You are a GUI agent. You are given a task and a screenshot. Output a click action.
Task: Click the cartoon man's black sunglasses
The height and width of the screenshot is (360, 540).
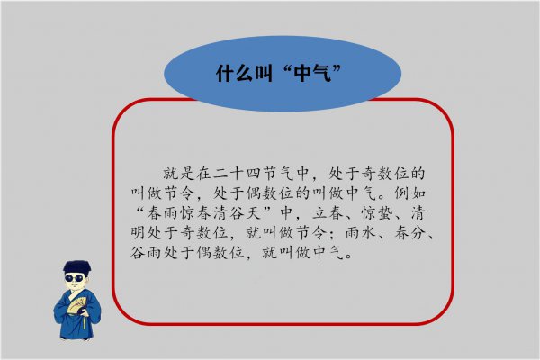(75, 278)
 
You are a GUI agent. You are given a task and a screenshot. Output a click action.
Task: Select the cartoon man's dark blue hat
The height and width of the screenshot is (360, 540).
(75, 266)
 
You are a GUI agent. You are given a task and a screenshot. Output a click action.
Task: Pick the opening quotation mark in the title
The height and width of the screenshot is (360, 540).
(277, 70)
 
